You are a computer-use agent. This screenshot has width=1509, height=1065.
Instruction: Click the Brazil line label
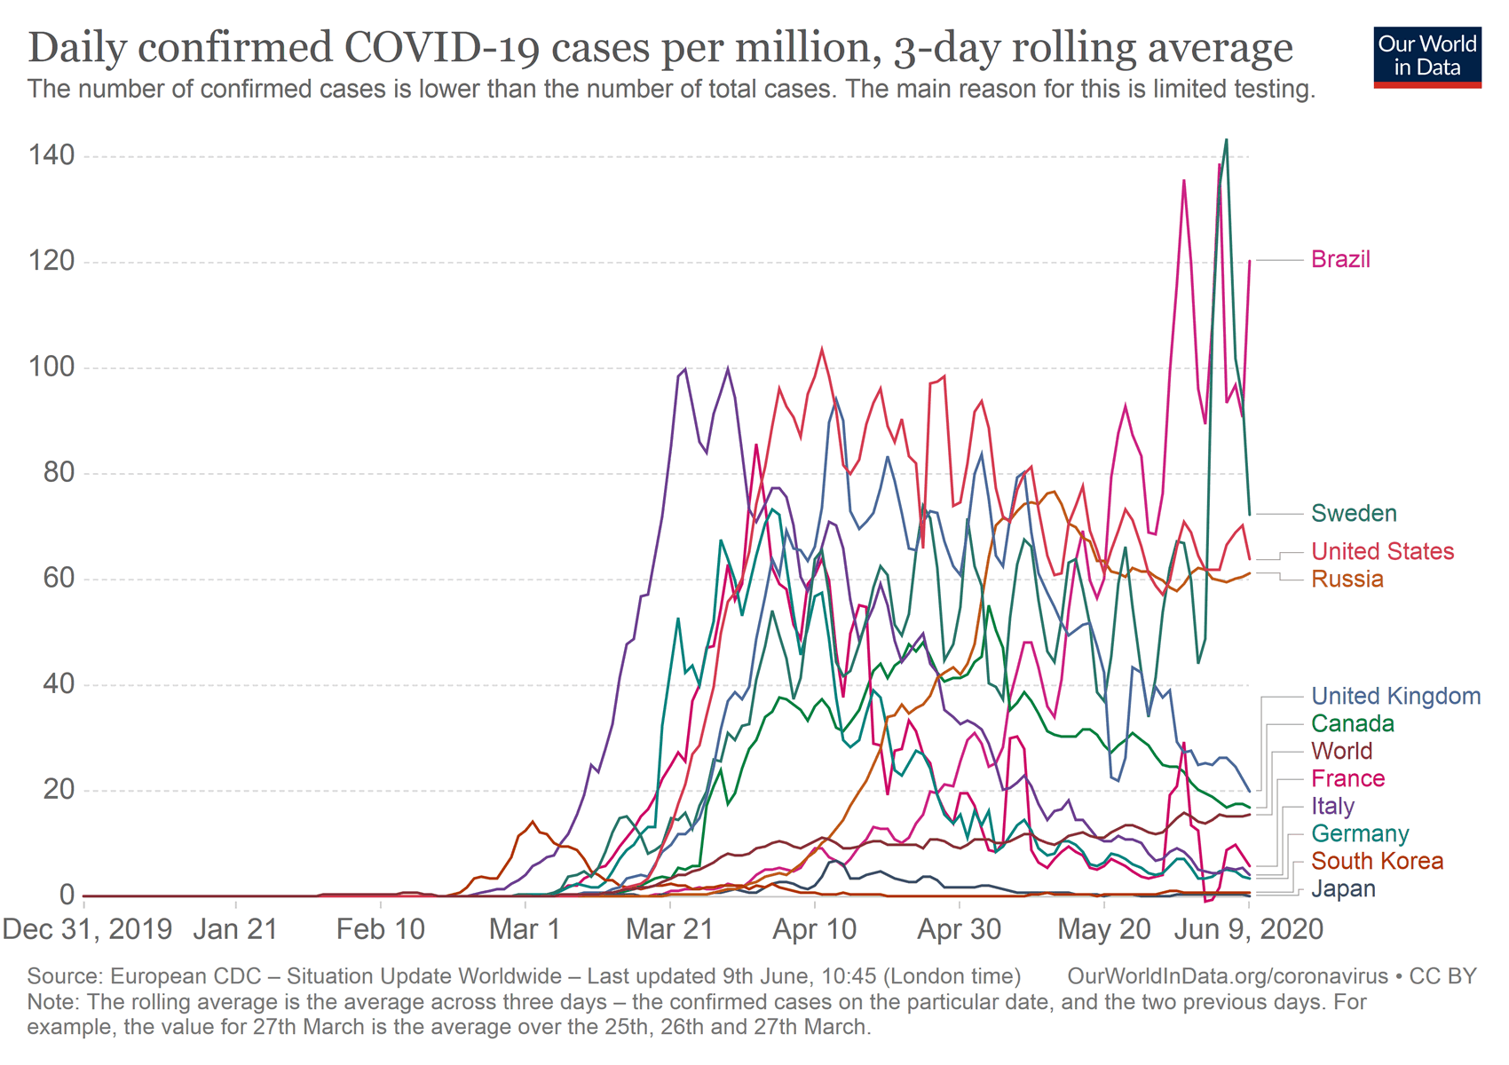coord(1340,260)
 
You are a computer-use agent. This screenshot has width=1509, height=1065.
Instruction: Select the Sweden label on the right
coord(1354,514)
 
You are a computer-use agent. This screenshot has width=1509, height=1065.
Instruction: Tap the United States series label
coord(1382,552)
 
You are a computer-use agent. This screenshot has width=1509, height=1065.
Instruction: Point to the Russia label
coord(1347,580)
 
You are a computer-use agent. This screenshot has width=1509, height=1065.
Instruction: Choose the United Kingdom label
coord(1395,697)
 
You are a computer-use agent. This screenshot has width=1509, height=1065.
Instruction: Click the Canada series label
coord(1353,724)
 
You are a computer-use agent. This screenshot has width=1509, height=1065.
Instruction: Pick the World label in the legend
coord(1342,752)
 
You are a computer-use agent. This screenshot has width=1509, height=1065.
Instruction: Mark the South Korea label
coord(1377,862)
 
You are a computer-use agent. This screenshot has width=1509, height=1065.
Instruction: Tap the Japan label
coord(1343,889)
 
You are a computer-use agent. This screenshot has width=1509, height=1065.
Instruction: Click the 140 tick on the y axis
coord(51,157)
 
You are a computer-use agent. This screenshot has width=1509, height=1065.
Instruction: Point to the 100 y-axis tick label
coord(51,368)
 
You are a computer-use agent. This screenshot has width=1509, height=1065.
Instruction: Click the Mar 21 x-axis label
coord(670,929)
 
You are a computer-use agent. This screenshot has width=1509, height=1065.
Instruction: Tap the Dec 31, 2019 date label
coord(87,929)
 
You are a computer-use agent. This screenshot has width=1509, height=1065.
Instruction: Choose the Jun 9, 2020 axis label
coord(1248,929)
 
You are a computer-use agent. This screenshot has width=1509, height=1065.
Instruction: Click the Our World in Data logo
coord(1427,57)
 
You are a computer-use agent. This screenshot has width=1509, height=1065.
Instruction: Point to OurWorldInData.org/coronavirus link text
coord(1228,977)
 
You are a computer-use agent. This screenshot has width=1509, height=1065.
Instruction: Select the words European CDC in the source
coord(186,977)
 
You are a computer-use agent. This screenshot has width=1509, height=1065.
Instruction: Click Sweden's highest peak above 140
coord(1227,139)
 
